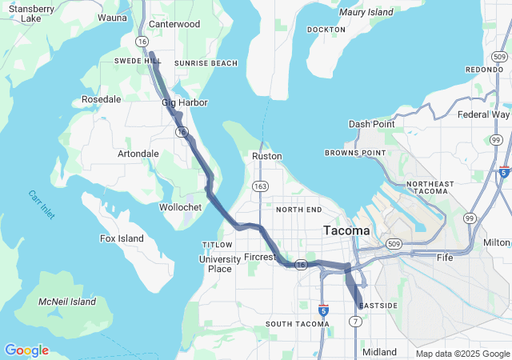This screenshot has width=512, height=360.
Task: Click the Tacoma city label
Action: pos(346,230)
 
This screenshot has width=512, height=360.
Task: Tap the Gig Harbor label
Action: pos(185,102)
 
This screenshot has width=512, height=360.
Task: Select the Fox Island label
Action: pos(122,238)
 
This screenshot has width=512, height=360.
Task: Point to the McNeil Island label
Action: pos(67,302)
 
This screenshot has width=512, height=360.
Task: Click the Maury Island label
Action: pos(366,12)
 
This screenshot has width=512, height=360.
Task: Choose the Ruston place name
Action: pos(266,156)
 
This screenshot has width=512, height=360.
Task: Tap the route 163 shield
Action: pos(261,186)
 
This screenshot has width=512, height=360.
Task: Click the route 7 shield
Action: pos(354,321)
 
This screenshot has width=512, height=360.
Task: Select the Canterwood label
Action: pos(174,24)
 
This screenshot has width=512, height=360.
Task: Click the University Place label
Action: pos(214,263)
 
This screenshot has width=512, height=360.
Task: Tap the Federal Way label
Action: pos(483,114)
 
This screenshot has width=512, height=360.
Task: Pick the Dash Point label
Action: pos(371,124)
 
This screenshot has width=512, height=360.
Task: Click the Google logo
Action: pos(26,350)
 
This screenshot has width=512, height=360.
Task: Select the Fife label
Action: pos(444,258)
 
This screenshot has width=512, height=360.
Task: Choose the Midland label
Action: pos(378,352)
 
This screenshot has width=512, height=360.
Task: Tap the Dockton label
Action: pos(326,30)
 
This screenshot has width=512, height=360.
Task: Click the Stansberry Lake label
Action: pos(31,13)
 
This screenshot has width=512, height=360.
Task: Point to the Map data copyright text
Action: pos(462,354)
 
